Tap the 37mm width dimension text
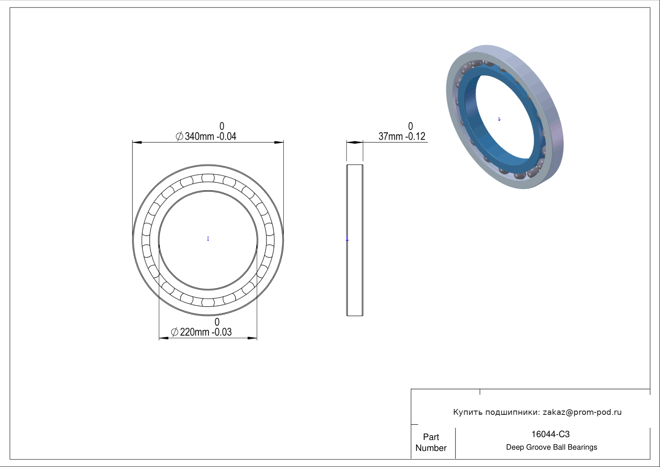point(402,136)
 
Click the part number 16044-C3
point(550,434)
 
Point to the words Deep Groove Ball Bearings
point(551,447)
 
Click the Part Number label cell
point(431,442)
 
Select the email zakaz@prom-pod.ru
point(582,412)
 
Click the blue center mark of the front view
point(208,238)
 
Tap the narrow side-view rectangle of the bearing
point(355,240)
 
